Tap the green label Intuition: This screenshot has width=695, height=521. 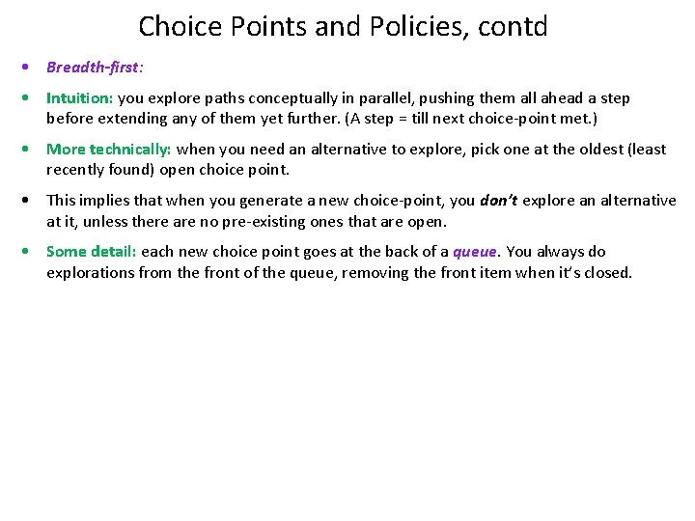[x=80, y=98]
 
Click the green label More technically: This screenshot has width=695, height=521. [x=109, y=150]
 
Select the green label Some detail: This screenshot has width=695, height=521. [x=92, y=252]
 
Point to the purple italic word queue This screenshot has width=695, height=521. [x=475, y=252]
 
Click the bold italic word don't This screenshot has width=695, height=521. [x=498, y=201]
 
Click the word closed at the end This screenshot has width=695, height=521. [x=607, y=272]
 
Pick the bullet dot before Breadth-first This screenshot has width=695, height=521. [x=31, y=69]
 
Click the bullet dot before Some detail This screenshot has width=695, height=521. [x=31, y=252]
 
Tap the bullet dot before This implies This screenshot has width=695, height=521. [x=31, y=201]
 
